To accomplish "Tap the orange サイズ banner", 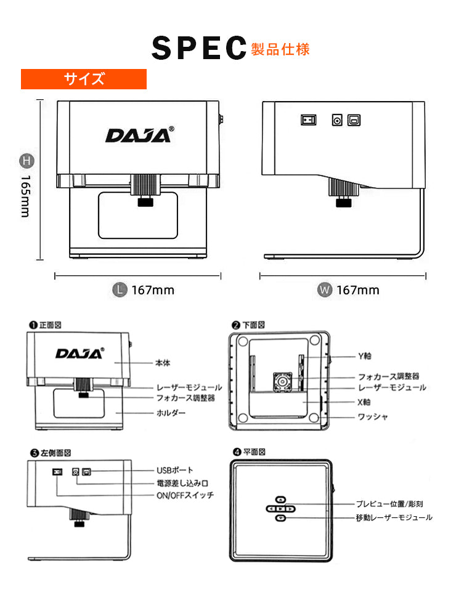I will tap(84, 79).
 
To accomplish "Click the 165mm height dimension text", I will tap(25, 195).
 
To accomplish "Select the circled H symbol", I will tap(26, 161).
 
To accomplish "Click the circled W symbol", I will tap(324, 289).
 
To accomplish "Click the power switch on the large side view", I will tap(308, 119).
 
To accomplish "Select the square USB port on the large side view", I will tap(355, 119).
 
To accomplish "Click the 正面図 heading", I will tap(49, 324).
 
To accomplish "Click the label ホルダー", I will tap(171, 413).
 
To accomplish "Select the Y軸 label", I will tap(365, 356).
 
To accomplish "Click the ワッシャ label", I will tap(373, 417).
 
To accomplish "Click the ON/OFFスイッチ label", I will tap(185, 495).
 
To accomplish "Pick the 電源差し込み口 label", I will tap(181, 484).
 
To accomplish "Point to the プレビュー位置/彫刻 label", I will tap(389, 504).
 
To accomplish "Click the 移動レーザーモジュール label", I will tap(394, 517).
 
